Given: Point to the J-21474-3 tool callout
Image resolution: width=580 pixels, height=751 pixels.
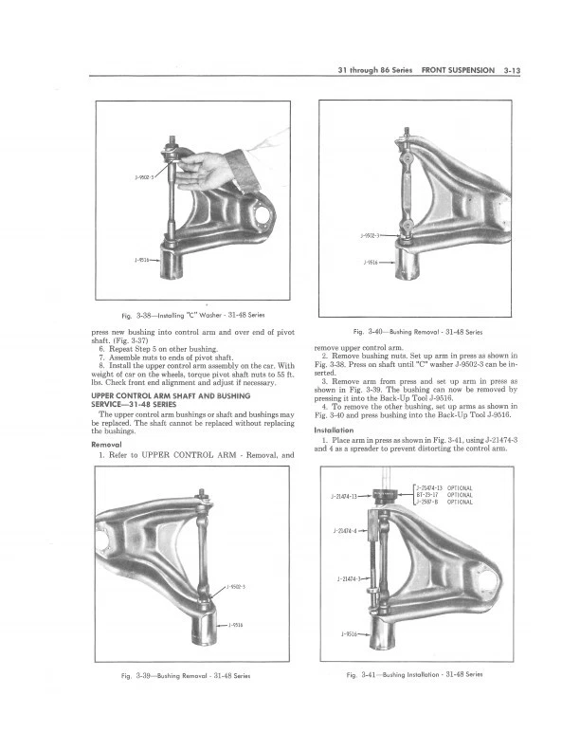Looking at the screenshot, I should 351,578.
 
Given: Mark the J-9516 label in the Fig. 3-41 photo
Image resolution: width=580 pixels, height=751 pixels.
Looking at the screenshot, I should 352,633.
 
